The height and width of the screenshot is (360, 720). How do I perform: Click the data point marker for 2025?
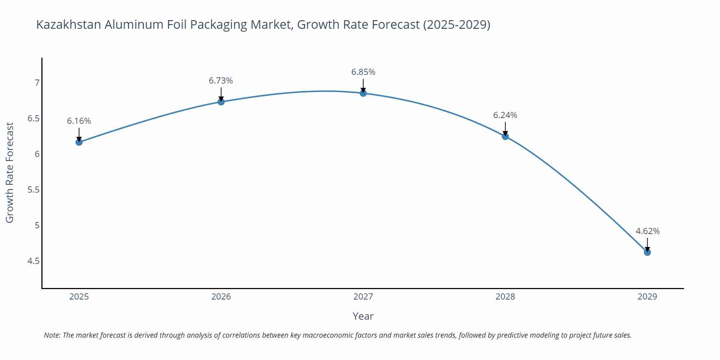79,142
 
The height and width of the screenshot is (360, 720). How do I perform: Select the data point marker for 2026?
221,102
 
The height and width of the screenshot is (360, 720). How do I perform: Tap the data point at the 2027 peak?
363,93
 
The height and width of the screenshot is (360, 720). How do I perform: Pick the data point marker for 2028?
505,136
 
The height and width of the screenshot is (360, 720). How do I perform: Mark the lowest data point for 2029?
647,252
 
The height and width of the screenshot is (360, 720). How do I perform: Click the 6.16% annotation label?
79,121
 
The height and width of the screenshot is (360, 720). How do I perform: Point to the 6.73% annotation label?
221,81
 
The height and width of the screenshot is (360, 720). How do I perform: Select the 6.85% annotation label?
363,72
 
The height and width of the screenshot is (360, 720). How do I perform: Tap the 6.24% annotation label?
505,115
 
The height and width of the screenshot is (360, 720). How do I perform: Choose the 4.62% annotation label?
647,231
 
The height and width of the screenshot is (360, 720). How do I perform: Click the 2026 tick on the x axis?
221,297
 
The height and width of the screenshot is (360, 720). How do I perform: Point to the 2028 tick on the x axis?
505,297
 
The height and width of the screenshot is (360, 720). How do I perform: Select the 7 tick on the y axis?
37,83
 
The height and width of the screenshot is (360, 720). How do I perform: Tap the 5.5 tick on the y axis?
33,190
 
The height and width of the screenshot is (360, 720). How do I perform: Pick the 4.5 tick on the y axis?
33,261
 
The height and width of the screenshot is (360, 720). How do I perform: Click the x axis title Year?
363,316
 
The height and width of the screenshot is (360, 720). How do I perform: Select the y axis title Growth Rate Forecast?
10,172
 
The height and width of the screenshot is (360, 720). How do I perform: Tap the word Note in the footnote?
52,335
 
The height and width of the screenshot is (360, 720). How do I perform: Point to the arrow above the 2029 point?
647,244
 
